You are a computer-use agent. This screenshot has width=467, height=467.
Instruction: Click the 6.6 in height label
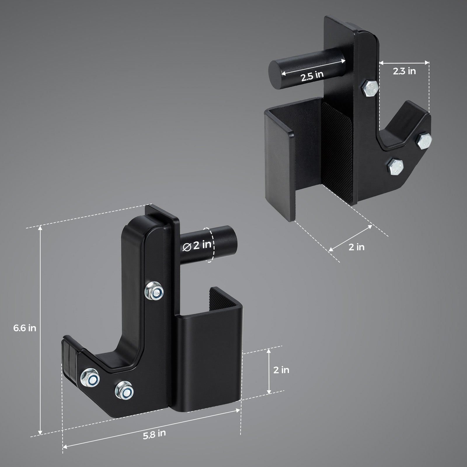click(25, 328)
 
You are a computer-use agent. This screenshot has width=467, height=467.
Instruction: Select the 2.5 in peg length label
click(312, 76)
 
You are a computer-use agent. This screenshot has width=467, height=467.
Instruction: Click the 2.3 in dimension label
click(404, 71)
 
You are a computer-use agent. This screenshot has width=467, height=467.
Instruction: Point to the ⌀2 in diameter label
click(197, 245)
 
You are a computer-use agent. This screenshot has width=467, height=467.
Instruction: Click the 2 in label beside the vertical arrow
click(281, 370)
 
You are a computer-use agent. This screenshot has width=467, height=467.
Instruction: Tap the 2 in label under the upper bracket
click(356, 247)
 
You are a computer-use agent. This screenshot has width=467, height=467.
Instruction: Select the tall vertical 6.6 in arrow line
click(40, 330)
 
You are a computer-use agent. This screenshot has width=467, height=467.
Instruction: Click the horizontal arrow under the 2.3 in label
click(404, 62)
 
